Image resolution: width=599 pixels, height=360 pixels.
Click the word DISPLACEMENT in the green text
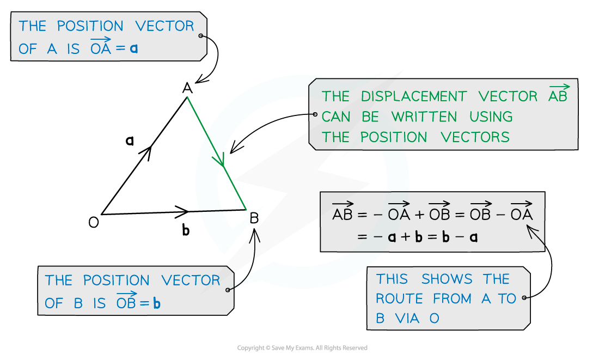pyautogui.click(x=413, y=97)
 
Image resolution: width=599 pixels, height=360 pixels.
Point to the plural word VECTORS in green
pyautogui.click(x=475, y=137)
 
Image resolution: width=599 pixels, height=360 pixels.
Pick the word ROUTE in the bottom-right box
pyautogui.click(x=400, y=299)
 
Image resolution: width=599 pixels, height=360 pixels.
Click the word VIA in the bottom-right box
pyautogui.click(x=408, y=319)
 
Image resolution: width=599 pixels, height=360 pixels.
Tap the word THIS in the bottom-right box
pyautogui.click(x=392, y=279)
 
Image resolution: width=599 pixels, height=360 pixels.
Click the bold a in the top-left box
pyautogui.click(x=134, y=48)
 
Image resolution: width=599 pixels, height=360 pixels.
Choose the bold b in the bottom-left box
pyautogui.click(x=157, y=303)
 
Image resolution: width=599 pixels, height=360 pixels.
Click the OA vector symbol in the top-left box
pyautogui.click(x=101, y=47)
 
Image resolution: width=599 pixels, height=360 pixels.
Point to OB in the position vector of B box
pyautogui.click(x=126, y=302)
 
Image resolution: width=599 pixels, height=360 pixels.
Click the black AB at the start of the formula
pyautogui.click(x=343, y=213)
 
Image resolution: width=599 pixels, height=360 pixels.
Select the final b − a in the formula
pyautogui.click(x=460, y=237)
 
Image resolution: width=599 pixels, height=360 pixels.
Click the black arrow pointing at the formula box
pyautogui.click(x=535, y=235)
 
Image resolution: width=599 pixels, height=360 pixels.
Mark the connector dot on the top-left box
pyautogui.click(x=201, y=36)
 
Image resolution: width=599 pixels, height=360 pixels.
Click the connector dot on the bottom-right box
pyautogui.click(x=524, y=298)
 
